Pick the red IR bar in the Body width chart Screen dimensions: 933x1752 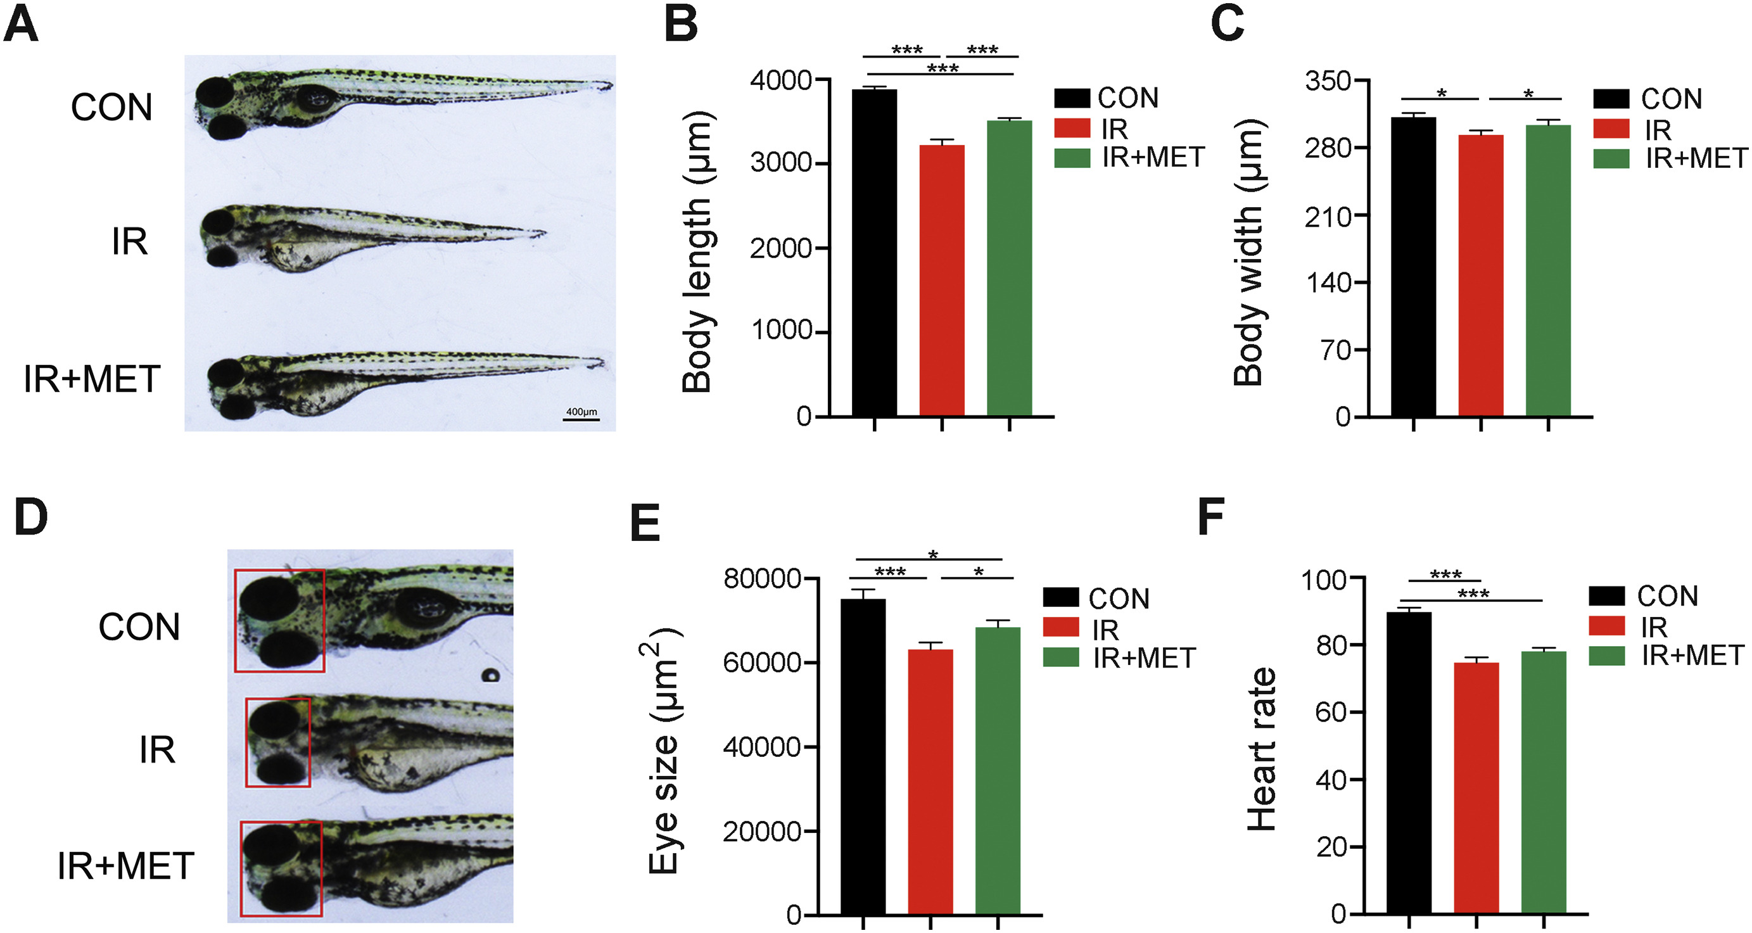(1481, 276)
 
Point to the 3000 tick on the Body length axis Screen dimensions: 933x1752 (782, 163)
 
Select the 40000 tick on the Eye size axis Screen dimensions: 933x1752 (762, 747)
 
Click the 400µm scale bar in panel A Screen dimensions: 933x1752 (581, 419)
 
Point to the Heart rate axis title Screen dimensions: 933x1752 (1262, 748)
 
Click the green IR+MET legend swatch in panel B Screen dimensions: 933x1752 (1072, 158)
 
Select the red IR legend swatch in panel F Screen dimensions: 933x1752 (1606, 626)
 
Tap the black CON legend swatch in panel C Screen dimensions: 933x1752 (1611, 99)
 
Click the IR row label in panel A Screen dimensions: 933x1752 (129, 242)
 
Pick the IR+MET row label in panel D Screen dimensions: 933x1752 (126, 866)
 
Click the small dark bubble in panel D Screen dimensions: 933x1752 (490, 675)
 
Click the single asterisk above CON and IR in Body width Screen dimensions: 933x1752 (1441, 94)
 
